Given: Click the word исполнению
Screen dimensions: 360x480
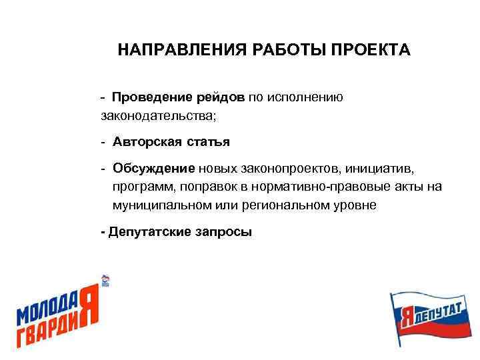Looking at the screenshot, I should pos(305,98).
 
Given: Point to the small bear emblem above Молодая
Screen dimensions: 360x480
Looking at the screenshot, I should pos(105,280).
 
